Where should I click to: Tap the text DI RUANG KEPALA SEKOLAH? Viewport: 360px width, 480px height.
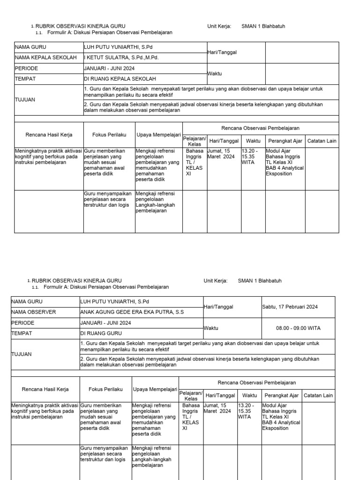click(120, 79)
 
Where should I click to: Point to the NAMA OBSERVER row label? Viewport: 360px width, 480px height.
click(33, 312)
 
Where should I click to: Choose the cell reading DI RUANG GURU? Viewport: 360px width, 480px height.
click(101, 333)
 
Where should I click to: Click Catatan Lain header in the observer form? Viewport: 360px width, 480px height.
click(318, 396)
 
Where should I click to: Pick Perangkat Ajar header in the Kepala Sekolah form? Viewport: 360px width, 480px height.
click(285, 141)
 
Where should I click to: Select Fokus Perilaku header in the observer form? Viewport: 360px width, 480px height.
click(106, 389)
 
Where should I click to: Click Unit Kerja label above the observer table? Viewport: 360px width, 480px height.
click(215, 281)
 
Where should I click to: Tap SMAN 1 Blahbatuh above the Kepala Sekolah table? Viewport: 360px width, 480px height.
click(263, 26)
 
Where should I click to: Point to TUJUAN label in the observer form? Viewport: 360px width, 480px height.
click(21, 354)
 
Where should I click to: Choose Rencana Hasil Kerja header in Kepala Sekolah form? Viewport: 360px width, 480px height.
click(49, 135)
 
